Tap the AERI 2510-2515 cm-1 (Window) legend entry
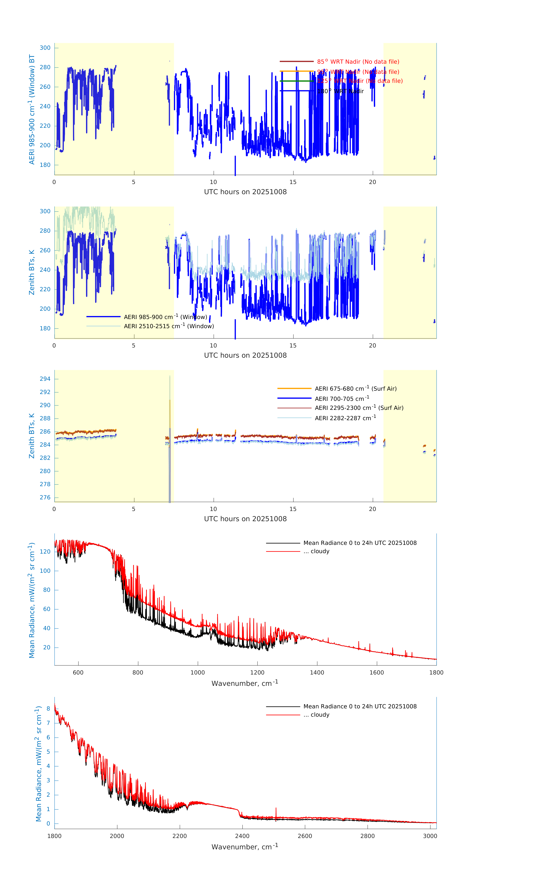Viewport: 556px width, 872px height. [x=169, y=326]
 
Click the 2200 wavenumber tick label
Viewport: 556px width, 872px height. [x=180, y=836]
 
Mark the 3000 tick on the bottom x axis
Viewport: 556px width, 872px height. [x=430, y=836]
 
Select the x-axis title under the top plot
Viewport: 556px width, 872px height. [x=245, y=192]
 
